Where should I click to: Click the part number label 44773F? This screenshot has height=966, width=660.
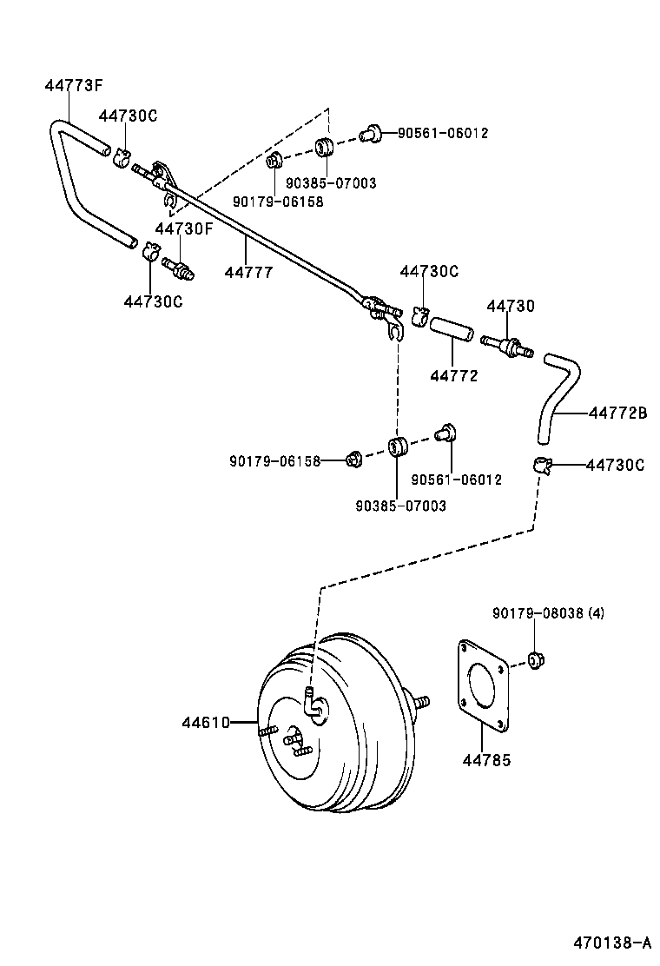click(x=74, y=85)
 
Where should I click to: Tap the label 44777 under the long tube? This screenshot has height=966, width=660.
click(x=248, y=272)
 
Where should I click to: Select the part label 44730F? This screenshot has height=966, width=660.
click(x=183, y=228)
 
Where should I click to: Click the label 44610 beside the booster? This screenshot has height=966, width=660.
click(x=205, y=722)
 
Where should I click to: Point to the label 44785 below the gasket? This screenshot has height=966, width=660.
click(x=486, y=761)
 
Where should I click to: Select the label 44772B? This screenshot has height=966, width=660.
click(x=617, y=414)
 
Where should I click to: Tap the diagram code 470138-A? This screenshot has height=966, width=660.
click(x=610, y=942)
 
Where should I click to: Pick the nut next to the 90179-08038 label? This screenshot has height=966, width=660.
click(x=536, y=661)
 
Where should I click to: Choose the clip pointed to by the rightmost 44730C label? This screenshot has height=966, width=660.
click(x=543, y=466)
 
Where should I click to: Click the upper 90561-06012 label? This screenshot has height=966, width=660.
click(x=443, y=133)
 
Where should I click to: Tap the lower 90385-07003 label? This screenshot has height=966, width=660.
click(x=400, y=505)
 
